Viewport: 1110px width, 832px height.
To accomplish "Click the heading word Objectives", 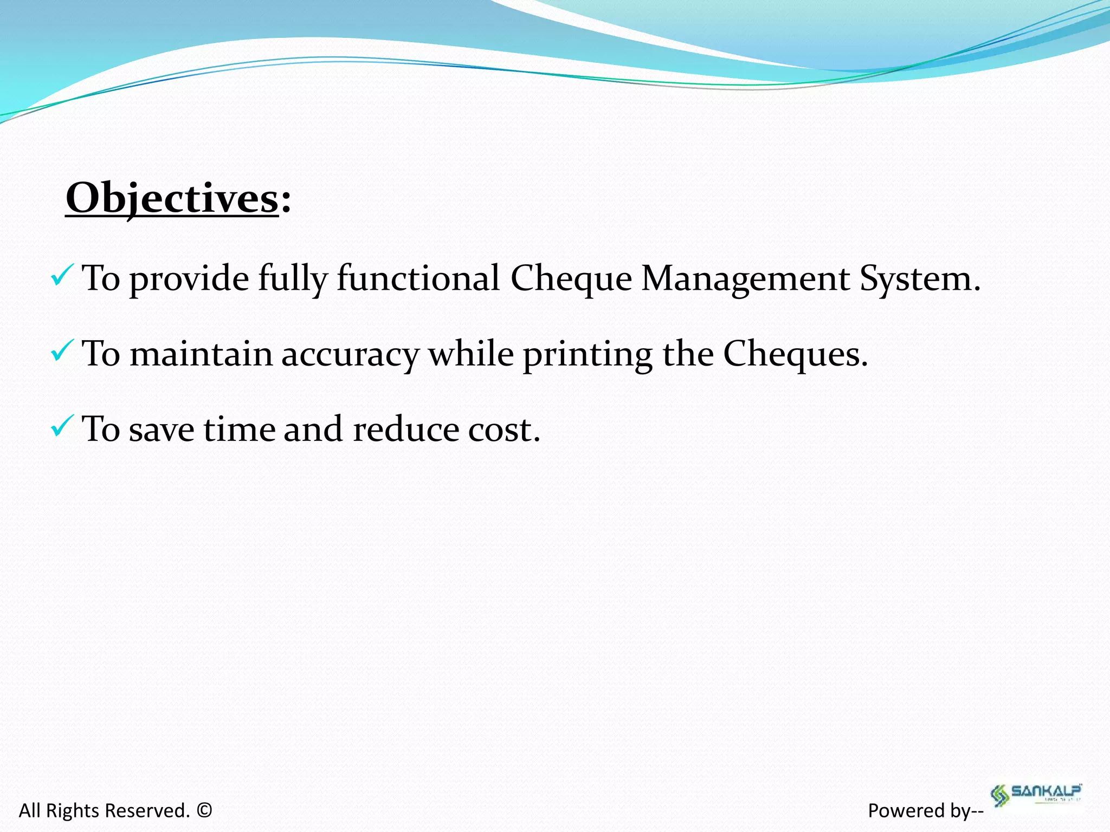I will (x=172, y=199).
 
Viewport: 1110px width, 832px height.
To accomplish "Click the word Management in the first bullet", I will (x=745, y=279).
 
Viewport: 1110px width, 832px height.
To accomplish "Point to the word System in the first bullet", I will (x=919, y=279).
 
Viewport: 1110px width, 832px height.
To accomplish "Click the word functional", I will (x=418, y=279).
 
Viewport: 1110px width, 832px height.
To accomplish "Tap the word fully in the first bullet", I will (x=293, y=279).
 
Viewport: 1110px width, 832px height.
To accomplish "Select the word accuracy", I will (x=350, y=355).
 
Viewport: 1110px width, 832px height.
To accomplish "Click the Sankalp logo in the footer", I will (x=1036, y=794).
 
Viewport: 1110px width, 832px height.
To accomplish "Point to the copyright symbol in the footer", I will (x=204, y=810).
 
